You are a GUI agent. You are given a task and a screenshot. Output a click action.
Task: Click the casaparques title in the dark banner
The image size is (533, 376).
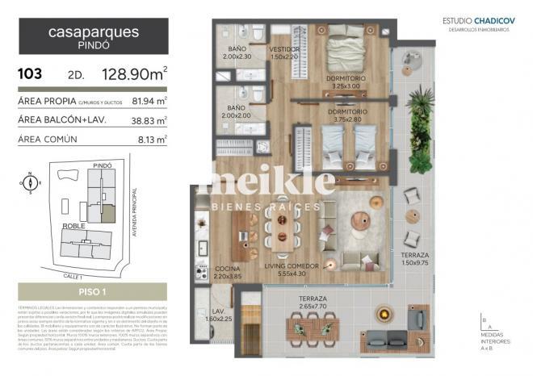click(x=93, y=33)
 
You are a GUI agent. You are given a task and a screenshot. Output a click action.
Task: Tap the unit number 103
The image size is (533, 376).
click(x=31, y=74)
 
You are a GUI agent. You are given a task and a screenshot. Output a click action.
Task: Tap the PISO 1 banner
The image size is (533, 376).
click(x=92, y=291)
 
